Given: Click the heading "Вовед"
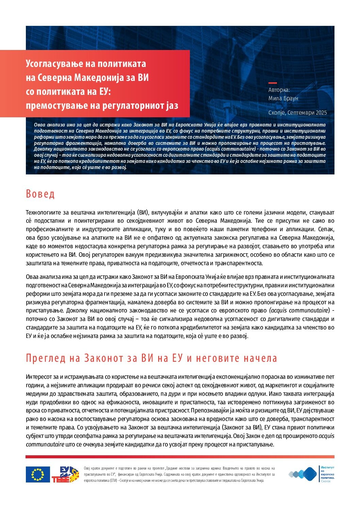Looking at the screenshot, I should click(40, 194).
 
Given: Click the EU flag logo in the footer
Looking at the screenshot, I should click(38, 474).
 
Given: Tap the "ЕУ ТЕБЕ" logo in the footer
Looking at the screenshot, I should click(65, 474).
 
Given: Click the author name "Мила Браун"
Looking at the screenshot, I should click(283, 98).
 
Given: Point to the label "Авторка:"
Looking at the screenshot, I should click(279, 90).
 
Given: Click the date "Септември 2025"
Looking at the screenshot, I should click(307, 113).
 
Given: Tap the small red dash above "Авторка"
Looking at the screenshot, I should click(273, 83).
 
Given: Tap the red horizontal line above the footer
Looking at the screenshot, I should click(180, 457).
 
